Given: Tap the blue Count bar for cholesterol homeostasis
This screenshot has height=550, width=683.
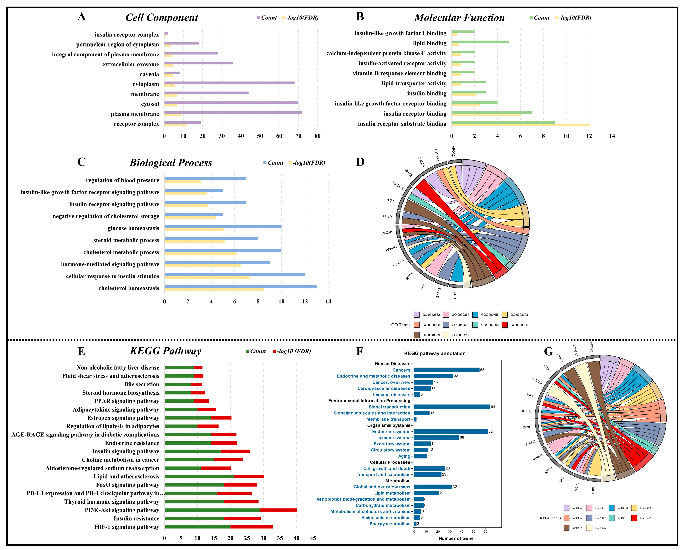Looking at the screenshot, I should pyautogui.click(x=240, y=287).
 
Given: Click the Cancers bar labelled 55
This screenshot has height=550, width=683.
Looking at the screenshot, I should pyautogui.click(x=447, y=370).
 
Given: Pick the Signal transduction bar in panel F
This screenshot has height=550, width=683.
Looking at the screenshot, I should pyautogui.click(x=452, y=407).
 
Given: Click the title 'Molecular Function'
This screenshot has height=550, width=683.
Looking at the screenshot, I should pyautogui.click(x=459, y=18).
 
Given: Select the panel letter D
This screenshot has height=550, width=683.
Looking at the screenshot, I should pyautogui.click(x=360, y=162).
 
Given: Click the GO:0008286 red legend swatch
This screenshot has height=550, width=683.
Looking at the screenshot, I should pyautogui.click(x=505, y=325).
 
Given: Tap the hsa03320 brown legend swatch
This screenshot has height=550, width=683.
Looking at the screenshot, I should pyautogui.click(x=567, y=528).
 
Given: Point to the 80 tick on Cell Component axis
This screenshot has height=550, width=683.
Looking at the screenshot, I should pyautogui.click(x=317, y=136).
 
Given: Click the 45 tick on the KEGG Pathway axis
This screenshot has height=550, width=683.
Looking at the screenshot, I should pyautogui.click(x=313, y=538).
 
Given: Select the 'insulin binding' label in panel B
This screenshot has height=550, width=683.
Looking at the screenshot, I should pyautogui.click(x=427, y=93).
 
